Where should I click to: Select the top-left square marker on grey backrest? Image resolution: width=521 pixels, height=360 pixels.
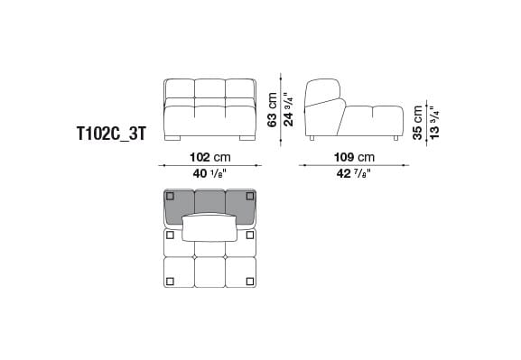tap(171, 197)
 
